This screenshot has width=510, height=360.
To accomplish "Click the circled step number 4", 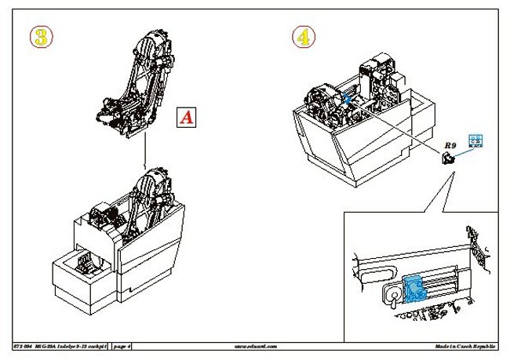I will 305,36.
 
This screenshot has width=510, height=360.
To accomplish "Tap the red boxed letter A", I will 186,118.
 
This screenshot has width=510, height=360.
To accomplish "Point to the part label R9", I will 450,145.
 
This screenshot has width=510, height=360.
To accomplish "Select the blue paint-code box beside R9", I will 475,141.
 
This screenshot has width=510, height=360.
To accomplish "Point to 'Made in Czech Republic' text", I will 464,345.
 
